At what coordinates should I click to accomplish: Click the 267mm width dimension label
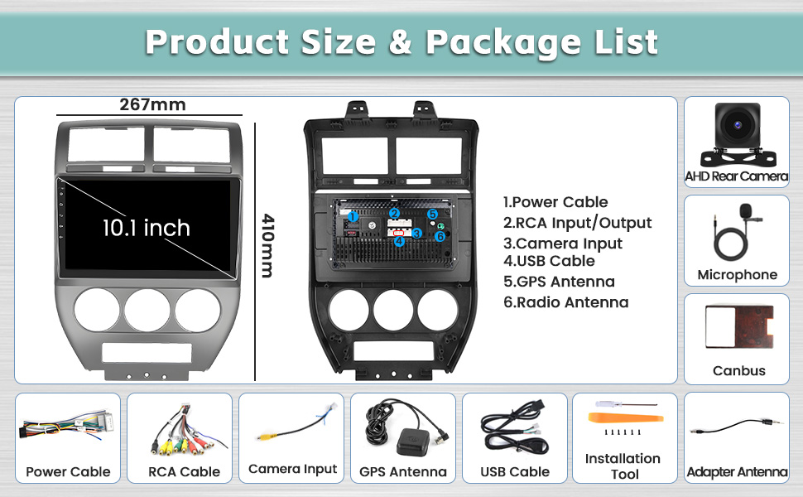(152, 105)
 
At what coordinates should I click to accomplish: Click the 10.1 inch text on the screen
(146, 228)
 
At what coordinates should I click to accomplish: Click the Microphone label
(737, 275)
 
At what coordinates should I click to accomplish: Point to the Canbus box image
(738, 326)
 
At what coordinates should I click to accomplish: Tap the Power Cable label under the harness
(68, 471)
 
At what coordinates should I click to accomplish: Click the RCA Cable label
(184, 471)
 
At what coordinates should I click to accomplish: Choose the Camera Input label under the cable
(292, 469)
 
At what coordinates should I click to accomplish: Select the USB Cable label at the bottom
(515, 471)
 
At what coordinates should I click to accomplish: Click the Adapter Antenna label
(737, 472)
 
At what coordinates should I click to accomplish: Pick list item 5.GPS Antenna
(559, 282)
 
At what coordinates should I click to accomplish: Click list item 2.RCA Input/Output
(577, 223)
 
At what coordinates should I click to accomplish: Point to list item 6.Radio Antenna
(565, 302)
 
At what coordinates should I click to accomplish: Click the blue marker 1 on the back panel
(352, 217)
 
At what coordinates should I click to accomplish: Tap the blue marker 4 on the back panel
(399, 242)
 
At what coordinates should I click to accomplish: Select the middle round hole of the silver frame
(146, 309)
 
